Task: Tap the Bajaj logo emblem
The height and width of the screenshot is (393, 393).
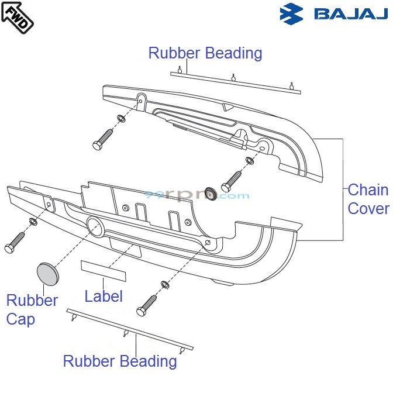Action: pos(292,13)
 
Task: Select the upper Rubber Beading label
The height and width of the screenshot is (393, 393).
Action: pos(205,53)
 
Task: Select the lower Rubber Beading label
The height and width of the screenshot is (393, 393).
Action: pos(120,361)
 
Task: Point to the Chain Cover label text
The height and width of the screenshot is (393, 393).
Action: pos(368,199)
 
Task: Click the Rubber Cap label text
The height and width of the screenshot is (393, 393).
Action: pos(32,310)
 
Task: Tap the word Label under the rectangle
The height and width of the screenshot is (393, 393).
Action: pos(104,296)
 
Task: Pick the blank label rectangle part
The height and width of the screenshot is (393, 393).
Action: pos(103,270)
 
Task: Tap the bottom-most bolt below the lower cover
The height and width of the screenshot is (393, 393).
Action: pos(147,304)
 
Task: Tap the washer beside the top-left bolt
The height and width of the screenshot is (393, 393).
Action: pos(121,119)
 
